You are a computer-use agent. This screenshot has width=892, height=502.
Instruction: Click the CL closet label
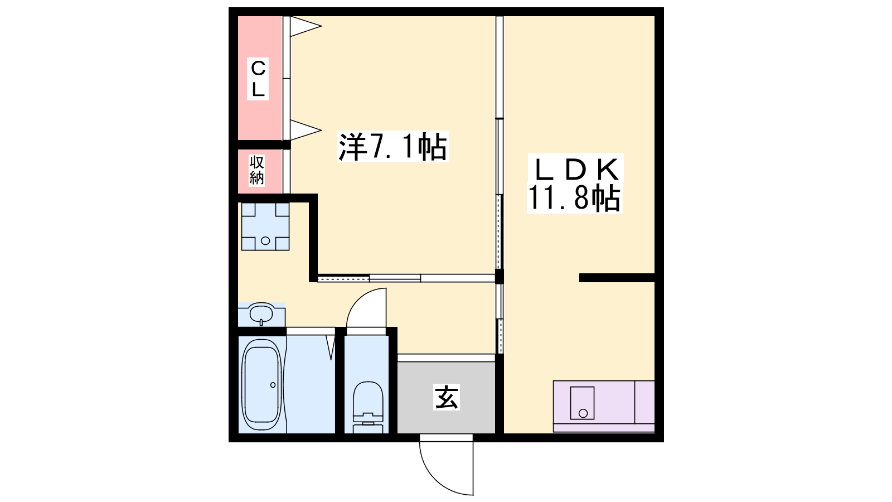click(x=258, y=79)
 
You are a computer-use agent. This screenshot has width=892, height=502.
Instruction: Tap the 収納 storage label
click(x=257, y=170)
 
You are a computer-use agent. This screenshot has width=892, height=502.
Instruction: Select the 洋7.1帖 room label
click(x=393, y=146)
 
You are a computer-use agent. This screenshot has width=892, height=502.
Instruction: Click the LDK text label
click(x=575, y=169)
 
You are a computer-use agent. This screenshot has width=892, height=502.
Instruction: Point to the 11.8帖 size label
click(x=575, y=198)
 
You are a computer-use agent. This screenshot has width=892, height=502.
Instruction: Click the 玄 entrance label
click(x=447, y=397)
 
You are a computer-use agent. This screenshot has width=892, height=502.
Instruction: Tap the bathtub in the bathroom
click(x=262, y=385)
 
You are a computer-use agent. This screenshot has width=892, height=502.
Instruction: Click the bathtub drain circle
click(x=273, y=385)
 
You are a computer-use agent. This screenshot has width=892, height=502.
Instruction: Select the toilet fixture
click(x=368, y=407)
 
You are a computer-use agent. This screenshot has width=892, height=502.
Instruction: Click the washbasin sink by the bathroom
click(x=261, y=314)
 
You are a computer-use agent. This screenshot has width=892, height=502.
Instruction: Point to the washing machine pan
click(x=265, y=226)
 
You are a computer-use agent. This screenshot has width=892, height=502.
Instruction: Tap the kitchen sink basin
click(x=582, y=403)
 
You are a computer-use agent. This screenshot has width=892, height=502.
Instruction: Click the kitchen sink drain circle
click(x=583, y=413)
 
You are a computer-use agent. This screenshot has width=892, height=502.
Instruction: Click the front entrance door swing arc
click(x=434, y=480)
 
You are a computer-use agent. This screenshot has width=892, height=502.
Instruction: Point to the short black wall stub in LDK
click(x=617, y=278)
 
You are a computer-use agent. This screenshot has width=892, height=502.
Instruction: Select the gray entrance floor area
click(x=446, y=397)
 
